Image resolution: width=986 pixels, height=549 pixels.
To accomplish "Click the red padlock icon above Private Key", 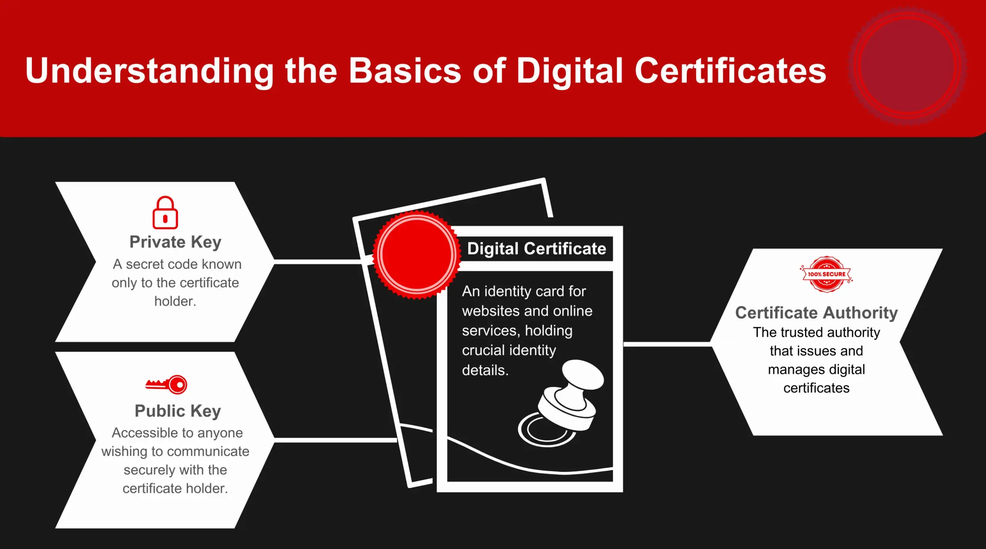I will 165,213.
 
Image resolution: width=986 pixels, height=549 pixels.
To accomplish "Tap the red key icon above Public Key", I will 166,385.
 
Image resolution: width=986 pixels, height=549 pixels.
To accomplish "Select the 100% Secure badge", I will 827,274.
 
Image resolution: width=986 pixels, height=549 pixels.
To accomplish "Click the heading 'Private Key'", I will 175,242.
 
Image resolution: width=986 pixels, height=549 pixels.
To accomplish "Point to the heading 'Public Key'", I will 178,411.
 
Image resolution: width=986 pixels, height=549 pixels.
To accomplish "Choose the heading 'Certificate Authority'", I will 816,313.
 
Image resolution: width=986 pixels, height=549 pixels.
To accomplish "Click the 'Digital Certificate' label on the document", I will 536,249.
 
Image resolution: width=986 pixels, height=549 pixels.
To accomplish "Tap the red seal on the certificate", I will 417,254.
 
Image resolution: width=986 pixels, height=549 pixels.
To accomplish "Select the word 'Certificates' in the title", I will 730,71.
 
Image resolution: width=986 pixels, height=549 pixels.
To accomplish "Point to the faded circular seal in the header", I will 907,66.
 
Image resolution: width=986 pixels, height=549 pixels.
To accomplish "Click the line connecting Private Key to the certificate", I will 318,262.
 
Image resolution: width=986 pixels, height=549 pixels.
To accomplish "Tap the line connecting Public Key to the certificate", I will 335,440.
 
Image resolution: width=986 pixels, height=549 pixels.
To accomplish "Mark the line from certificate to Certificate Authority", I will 666,344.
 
